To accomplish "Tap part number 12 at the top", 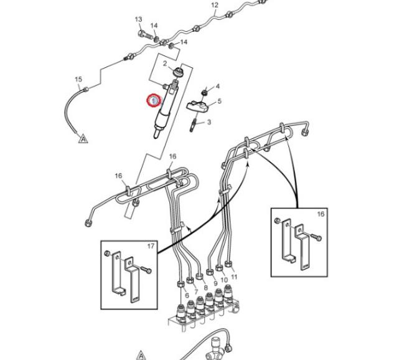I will pos(215,6).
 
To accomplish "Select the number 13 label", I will pos(139,20).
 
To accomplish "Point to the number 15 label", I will pos(78,80).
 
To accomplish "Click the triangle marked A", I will pos(82,139).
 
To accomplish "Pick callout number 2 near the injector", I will pos(165,64).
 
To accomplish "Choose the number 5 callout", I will pos(219,101).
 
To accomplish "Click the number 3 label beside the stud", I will pos(209,122).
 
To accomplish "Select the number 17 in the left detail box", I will pos(151,247).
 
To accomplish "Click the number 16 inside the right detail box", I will pos(321,214).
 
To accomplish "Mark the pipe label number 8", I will pos(205,288).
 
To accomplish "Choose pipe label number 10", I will pos(224,281).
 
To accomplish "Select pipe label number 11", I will pos(234,277).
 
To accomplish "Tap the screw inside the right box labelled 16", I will pos(314,237).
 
